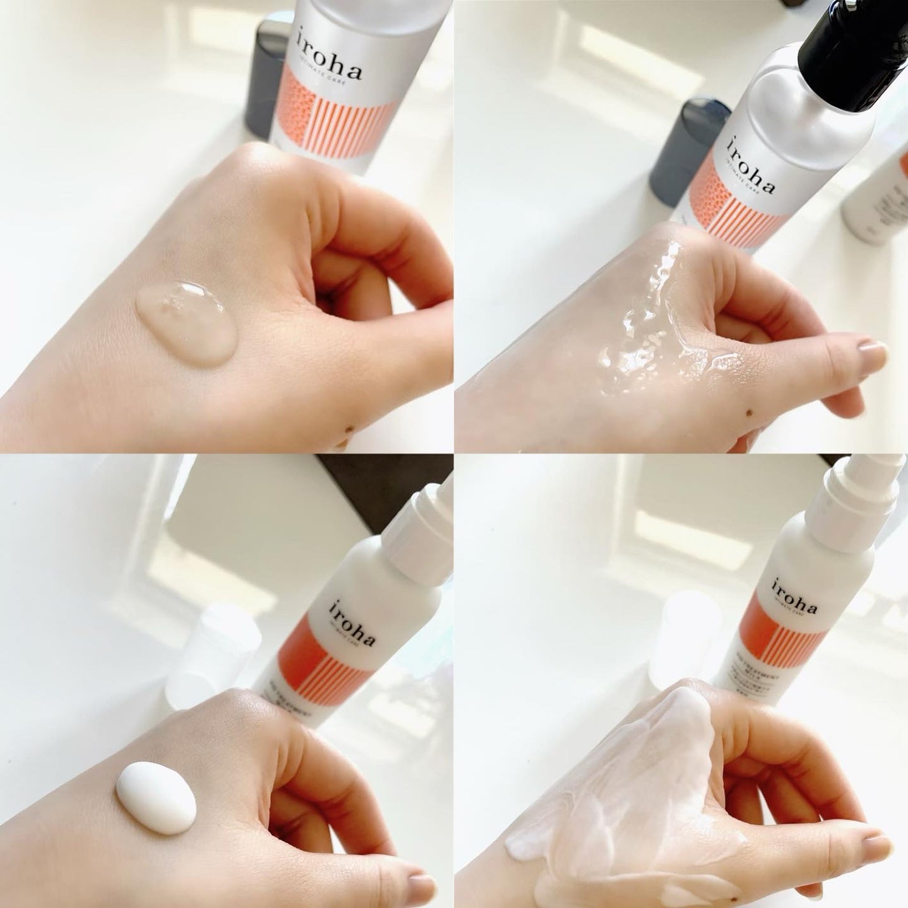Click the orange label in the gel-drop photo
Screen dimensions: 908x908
(341, 121)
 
